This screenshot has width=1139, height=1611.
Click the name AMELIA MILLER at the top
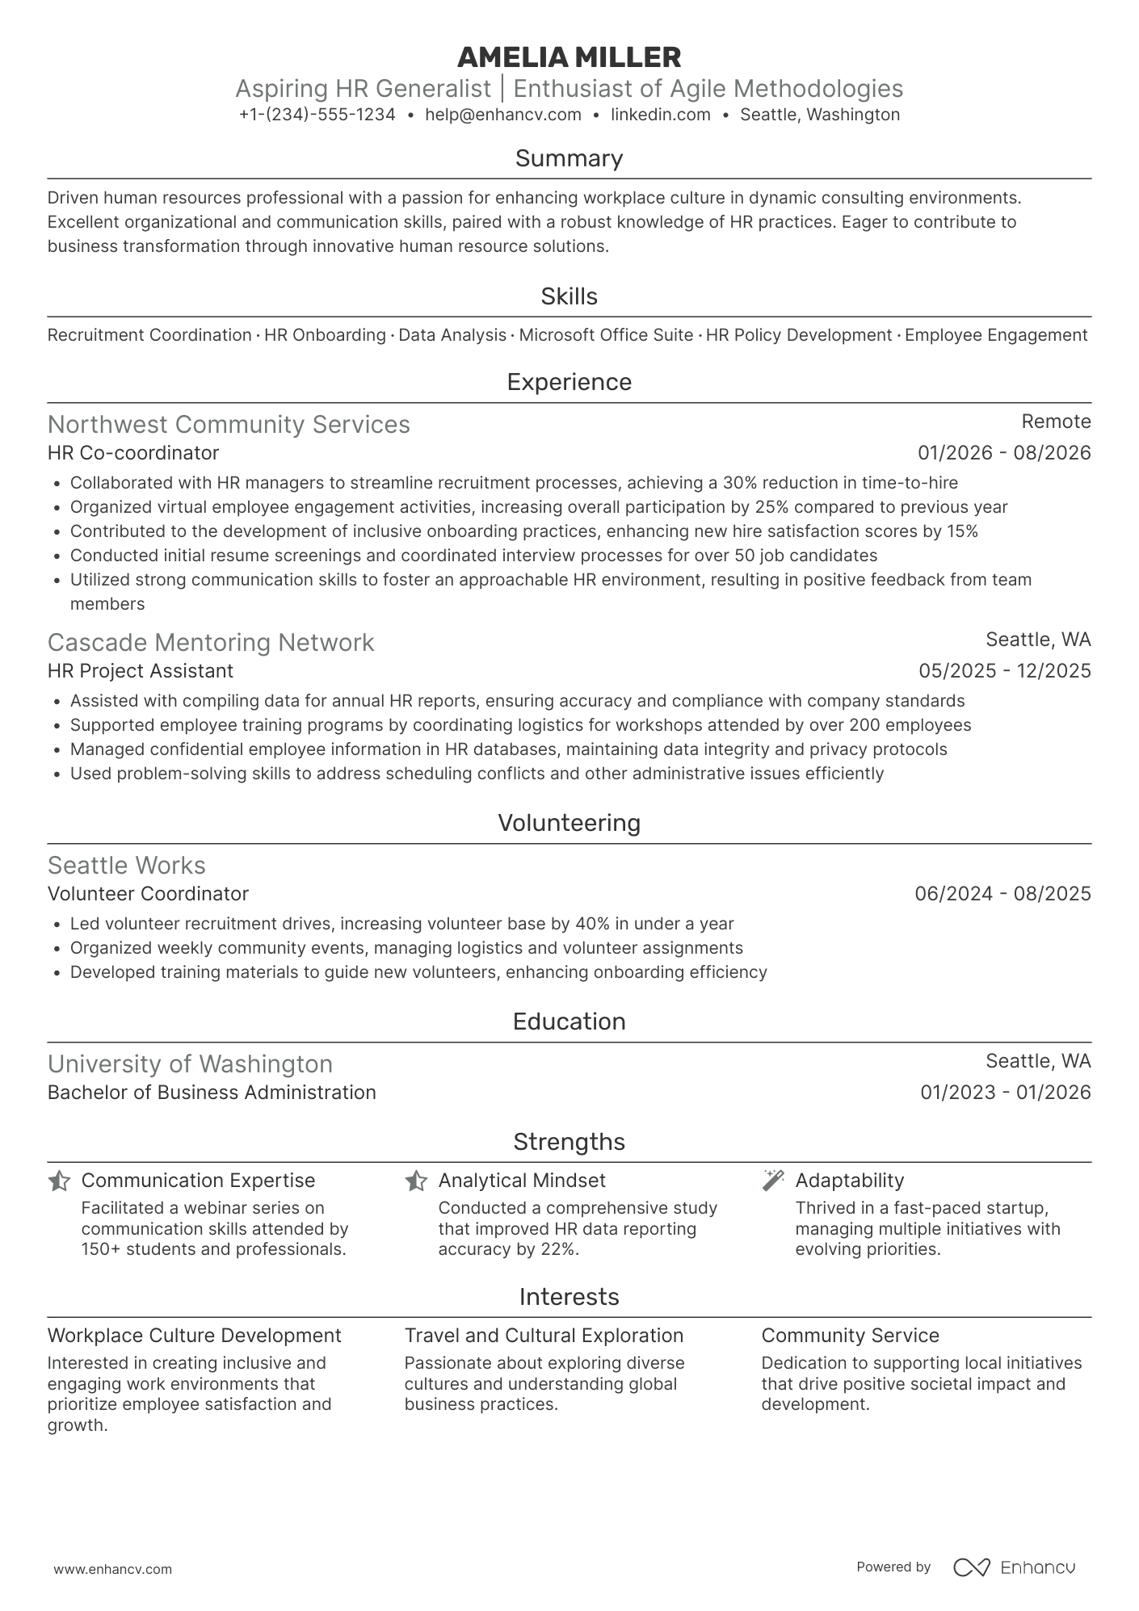(x=569, y=57)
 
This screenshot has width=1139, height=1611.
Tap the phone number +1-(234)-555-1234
(x=317, y=115)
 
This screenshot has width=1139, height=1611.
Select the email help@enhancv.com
(x=502, y=115)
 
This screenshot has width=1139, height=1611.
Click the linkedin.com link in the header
(x=660, y=115)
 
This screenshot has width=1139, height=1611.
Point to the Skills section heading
(x=569, y=296)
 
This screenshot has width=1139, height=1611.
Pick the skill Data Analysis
(x=452, y=335)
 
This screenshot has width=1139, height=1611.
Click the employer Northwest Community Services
(x=229, y=425)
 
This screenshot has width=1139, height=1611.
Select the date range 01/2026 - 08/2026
(x=1004, y=453)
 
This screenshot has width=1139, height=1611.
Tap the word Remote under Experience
(x=1056, y=422)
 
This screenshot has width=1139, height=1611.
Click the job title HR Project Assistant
(x=140, y=671)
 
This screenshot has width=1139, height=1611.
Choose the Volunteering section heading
(x=569, y=823)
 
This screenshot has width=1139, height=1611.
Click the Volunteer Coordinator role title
(x=148, y=894)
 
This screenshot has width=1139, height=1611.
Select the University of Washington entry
(x=190, y=1064)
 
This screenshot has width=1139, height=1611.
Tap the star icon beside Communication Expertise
(x=59, y=1181)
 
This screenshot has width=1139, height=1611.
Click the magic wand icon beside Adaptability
(x=773, y=1180)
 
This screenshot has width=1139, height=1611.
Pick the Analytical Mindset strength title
(x=521, y=1181)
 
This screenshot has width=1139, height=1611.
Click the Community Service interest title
(x=850, y=1336)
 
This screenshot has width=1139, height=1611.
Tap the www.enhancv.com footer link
(x=112, y=1570)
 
